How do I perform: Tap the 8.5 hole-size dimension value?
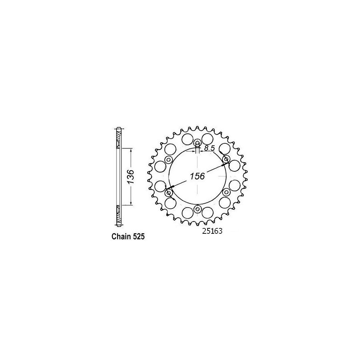209,148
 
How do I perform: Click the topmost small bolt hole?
197,143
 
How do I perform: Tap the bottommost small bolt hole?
197,209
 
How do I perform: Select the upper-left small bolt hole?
169,160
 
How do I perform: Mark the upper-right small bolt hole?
226,159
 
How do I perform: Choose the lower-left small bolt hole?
169,192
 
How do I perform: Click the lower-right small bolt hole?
226,192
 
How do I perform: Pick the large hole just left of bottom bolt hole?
188,213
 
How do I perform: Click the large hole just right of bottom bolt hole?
207,213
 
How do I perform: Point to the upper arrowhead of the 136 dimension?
131,149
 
